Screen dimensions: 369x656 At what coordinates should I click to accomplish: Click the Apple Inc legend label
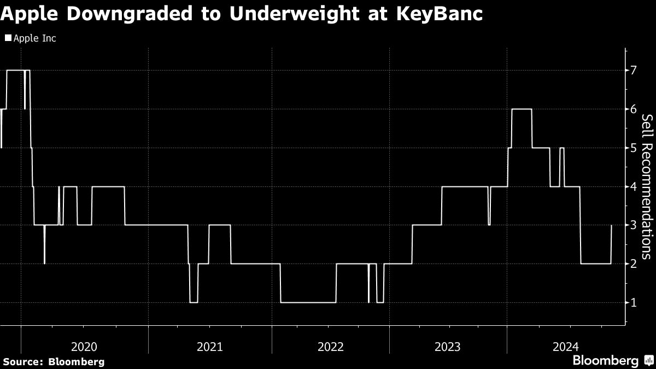coord(34,38)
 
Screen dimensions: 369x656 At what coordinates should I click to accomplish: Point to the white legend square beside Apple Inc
coord(8,38)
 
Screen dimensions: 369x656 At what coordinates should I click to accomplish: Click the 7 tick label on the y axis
coord(634,71)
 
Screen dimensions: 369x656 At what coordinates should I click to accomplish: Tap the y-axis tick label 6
coord(634,109)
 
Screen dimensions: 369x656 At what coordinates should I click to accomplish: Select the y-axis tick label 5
coord(634,148)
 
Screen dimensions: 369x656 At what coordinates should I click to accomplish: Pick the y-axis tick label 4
coord(634,187)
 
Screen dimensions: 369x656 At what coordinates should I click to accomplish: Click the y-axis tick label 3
coord(634,225)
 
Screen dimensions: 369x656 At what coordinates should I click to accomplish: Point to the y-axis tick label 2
coord(634,264)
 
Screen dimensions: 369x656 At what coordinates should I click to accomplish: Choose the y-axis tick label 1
coord(634,303)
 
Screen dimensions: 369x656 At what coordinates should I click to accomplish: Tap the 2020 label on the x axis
coord(84,346)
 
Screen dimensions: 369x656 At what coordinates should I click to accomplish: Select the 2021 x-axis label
coord(210,346)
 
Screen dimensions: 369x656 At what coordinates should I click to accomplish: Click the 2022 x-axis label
coord(331,346)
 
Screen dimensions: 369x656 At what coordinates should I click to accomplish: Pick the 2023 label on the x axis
coord(448,346)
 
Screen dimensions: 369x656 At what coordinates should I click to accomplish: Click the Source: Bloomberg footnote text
coord(54,361)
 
